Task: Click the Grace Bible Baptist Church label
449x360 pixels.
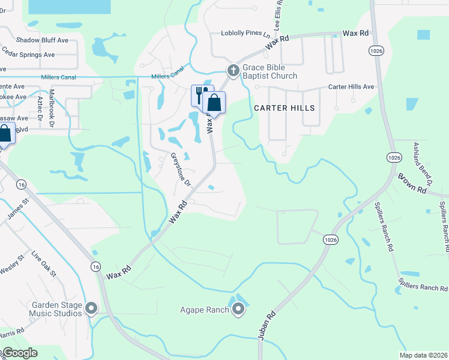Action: pyautogui.click(x=270, y=72)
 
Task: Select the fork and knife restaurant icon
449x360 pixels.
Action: pyautogui.click(x=199, y=94)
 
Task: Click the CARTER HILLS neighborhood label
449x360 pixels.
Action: pyautogui.click(x=284, y=108)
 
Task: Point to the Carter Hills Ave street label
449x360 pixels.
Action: pyautogui.click(x=351, y=87)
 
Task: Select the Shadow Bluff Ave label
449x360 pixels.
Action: pyautogui.click(x=42, y=40)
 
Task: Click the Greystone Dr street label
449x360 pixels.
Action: pyautogui.click(x=180, y=169)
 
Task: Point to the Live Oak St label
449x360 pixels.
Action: pyautogui.click(x=44, y=265)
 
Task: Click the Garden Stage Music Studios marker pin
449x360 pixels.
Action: pyautogui.click(x=91, y=308)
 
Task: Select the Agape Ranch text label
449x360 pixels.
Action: pyautogui.click(x=205, y=310)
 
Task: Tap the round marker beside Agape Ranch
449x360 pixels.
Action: pyautogui.click(x=238, y=310)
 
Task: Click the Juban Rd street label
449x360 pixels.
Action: pyautogui.click(x=267, y=326)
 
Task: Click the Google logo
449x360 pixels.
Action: pyautogui.click(x=20, y=353)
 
